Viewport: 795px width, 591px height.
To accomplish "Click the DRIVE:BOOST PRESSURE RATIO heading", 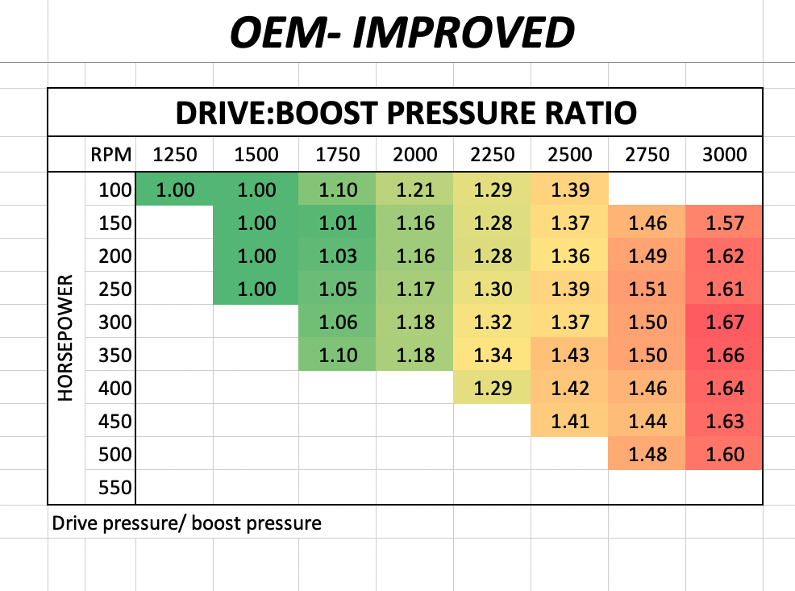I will click(406, 113).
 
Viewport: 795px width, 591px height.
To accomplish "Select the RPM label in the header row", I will click(108, 155).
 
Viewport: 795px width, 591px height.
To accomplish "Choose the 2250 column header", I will click(492, 155).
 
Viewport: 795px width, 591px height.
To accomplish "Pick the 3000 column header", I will click(724, 155).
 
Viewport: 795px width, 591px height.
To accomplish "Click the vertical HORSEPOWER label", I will click(66, 339).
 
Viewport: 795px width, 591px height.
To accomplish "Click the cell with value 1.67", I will click(724, 323).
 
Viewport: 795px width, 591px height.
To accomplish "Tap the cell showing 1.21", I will click(415, 190).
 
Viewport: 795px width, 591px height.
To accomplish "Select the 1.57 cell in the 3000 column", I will click(724, 223).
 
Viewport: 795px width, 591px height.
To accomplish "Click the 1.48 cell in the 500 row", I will click(647, 454).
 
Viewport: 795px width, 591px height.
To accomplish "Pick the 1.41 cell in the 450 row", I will click(569, 421).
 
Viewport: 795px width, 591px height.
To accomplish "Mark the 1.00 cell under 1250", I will click(174, 190).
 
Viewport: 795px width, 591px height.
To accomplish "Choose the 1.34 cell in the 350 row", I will click(492, 355).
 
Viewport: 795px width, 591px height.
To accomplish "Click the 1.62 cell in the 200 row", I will click(724, 256).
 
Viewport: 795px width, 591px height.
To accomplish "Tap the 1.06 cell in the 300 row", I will click(337, 323).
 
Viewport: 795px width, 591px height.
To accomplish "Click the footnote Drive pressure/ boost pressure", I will click(186, 523).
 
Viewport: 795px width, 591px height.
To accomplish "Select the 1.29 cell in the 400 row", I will click(492, 388).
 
